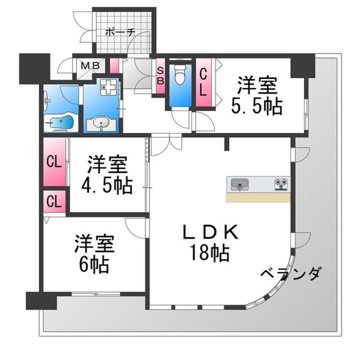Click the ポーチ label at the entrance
[x=119, y=32]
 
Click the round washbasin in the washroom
[x=101, y=123]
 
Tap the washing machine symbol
[x=107, y=88]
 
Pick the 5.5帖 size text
[x=256, y=106]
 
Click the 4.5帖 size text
[x=106, y=185]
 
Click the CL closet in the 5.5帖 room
[x=204, y=82]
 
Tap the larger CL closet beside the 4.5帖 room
[x=54, y=162]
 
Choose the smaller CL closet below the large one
[x=54, y=201]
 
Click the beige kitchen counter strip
[x=258, y=197]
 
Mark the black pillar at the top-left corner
[x=30, y=68]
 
